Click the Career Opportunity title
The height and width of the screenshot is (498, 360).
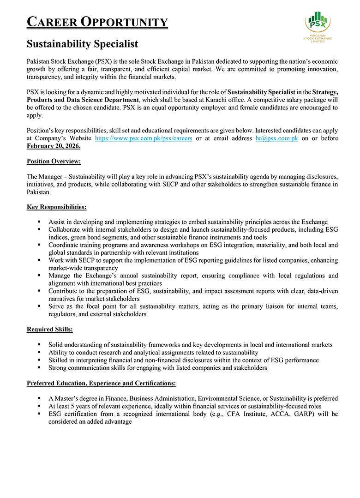coord(97,22)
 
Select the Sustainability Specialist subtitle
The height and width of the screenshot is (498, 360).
coord(82,44)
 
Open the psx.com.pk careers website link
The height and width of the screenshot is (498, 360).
coord(144,138)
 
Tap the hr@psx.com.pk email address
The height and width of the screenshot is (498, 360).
coord(276,138)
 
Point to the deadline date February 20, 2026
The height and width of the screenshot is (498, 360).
coord(54,146)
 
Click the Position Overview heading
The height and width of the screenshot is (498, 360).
coord(54,161)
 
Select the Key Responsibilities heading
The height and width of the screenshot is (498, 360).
coord(56,207)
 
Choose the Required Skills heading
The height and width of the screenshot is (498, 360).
coord(49,330)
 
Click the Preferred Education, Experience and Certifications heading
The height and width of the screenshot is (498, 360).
coord(101,383)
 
